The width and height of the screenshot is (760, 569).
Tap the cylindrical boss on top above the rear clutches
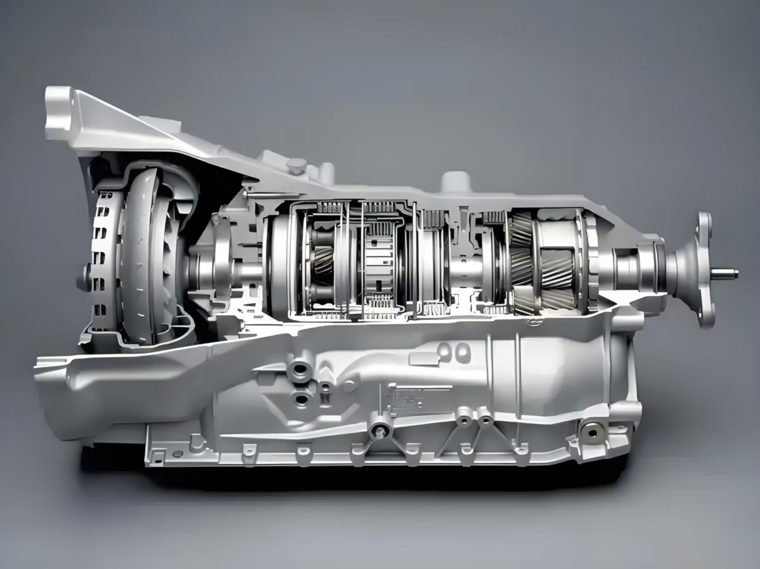pos(454,181)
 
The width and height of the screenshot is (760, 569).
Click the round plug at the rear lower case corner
pos(592,432)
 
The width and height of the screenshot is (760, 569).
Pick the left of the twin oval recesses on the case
pos(444,351)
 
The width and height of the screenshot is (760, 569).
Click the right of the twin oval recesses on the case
pos(463,351)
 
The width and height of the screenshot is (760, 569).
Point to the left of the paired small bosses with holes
pos(464,420)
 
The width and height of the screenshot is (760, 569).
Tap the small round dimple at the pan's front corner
pos(178,454)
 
